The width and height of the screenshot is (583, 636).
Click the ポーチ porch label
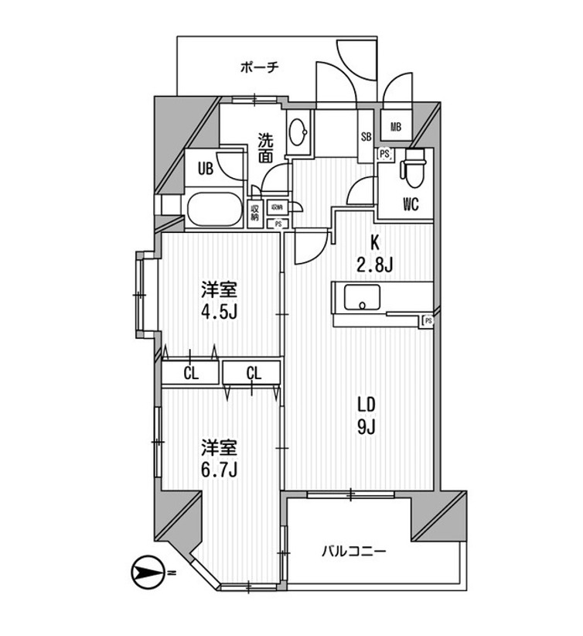[x=259, y=67]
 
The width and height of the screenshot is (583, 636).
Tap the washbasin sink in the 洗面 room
[x=297, y=133]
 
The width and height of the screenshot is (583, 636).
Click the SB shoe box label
[x=366, y=138]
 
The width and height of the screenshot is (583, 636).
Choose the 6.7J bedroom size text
[x=219, y=469]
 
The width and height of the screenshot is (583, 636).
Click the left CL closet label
[x=190, y=374]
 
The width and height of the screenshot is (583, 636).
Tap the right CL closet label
[x=254, y=374]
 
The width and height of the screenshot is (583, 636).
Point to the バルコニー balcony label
[x=353, y=551]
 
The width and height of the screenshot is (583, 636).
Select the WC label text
[x=411, y=205]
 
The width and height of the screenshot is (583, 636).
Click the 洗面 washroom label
[x=265, y=149]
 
